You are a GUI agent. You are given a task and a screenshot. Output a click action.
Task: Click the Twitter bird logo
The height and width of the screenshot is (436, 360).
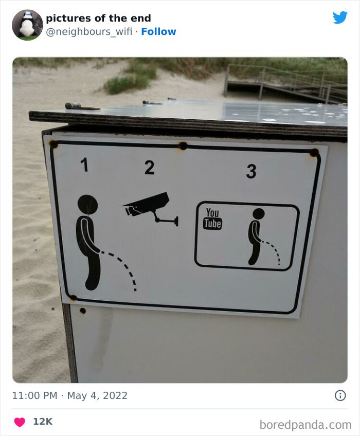(340, 17)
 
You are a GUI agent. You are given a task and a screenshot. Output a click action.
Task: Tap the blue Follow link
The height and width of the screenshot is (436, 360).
(158, 32)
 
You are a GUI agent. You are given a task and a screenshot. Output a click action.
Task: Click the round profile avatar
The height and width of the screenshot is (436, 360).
(27, 25)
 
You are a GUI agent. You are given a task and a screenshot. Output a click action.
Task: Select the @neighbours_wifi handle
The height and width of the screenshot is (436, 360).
(89, 32)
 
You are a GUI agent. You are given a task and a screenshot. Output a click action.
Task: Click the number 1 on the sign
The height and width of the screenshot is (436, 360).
(84, 165)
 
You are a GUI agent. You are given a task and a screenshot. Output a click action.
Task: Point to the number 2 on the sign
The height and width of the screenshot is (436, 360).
(149, 168)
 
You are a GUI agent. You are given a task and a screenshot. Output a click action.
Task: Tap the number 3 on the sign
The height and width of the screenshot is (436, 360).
(251, 171)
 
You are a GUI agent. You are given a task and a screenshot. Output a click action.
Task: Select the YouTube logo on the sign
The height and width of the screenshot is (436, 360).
(212, 219)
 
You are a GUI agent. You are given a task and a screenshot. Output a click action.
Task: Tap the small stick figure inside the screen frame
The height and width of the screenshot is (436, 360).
(257, 237)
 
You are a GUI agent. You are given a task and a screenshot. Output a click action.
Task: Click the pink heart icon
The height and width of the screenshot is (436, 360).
(20, 422)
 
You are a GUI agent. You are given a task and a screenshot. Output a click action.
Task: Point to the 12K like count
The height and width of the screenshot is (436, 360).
(43, 422)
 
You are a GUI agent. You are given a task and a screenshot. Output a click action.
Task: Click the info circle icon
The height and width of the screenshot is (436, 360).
(340, 395)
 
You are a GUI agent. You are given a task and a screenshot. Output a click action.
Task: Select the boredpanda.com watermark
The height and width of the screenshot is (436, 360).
(305, 425)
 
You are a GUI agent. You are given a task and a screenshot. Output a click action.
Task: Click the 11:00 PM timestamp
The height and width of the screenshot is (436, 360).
(35, 395)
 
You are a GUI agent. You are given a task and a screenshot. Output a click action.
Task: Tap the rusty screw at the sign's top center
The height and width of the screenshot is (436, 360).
(183, 146)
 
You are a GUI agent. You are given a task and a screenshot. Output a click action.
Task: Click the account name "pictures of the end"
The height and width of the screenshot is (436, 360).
(98, 19)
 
